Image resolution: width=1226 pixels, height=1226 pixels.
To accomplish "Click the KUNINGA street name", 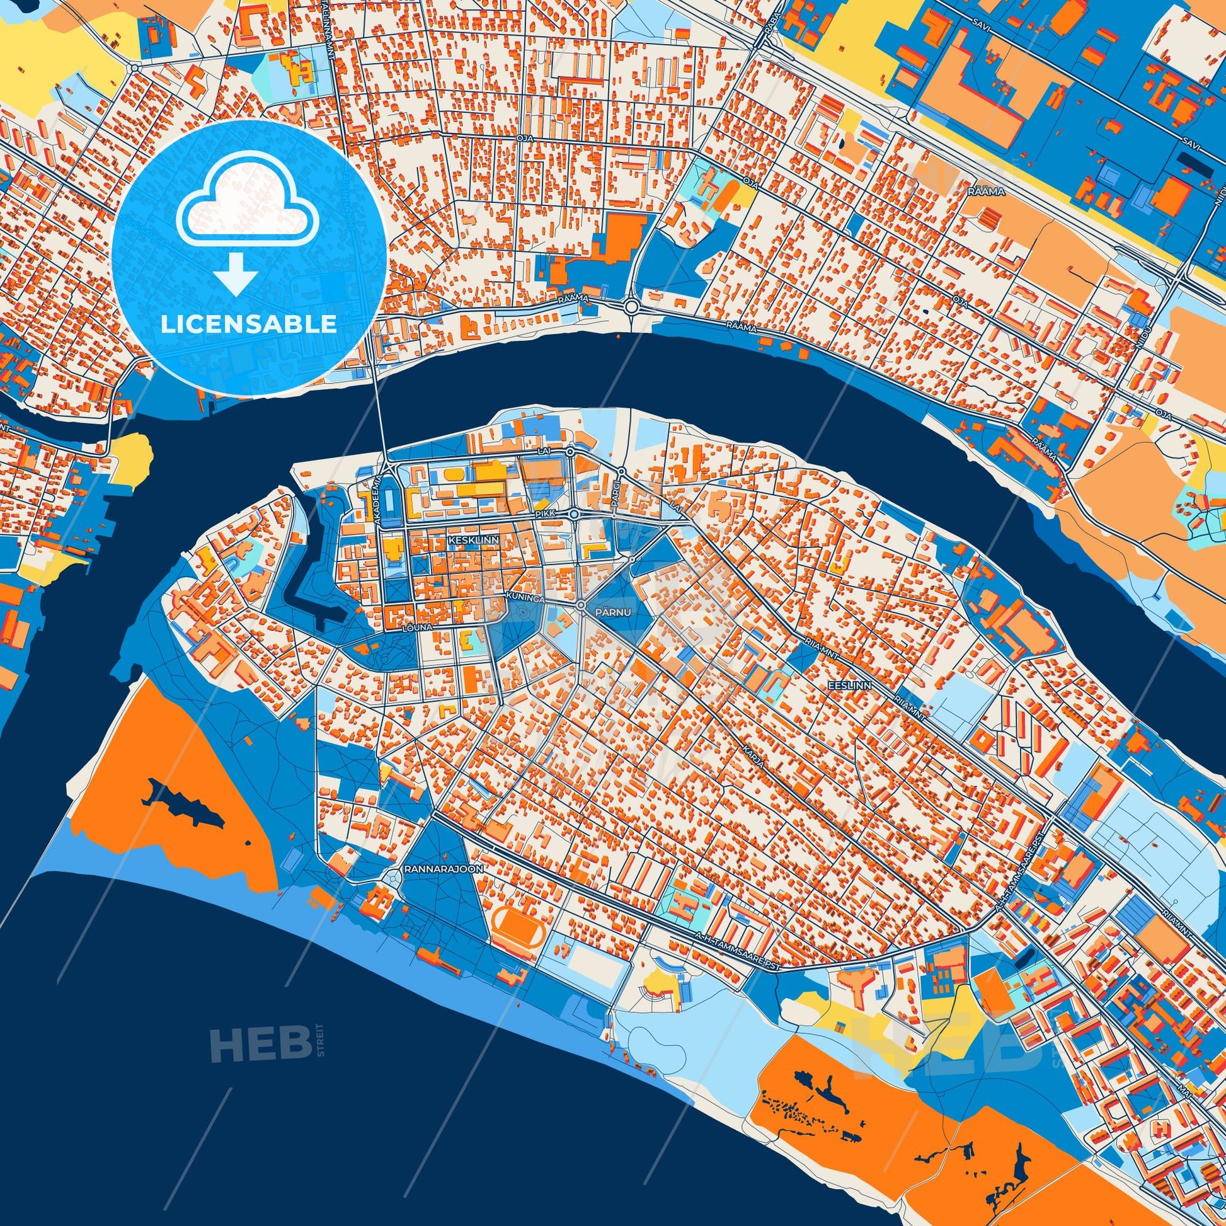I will (x=524, y=597).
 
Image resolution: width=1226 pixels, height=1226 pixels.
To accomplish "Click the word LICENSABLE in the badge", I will (x=249, y=324).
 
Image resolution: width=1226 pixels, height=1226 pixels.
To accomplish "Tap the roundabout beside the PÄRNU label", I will (x=581, y=607).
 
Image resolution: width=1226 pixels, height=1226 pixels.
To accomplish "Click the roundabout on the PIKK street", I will (x=574, y=514).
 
